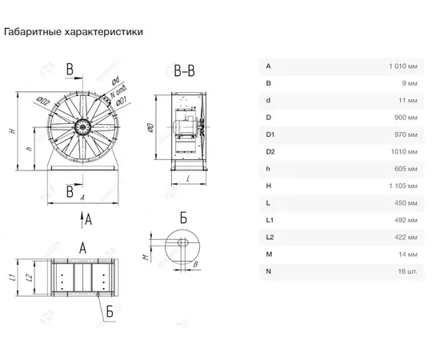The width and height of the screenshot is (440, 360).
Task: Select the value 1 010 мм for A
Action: click(403, 66)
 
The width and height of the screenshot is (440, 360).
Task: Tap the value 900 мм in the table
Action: click(406, 118)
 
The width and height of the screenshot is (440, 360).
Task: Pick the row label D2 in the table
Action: click(270, 152)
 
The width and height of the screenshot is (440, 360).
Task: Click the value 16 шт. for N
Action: click(407, 271)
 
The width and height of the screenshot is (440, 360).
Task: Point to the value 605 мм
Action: click(406, 169)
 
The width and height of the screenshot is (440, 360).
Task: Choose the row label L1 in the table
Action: click(270, 220)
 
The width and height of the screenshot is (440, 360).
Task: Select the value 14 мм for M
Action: click(408, 254)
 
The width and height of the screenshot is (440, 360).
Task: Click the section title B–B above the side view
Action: click(184, 71)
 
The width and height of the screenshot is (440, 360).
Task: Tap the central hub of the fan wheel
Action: click(82, 127)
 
